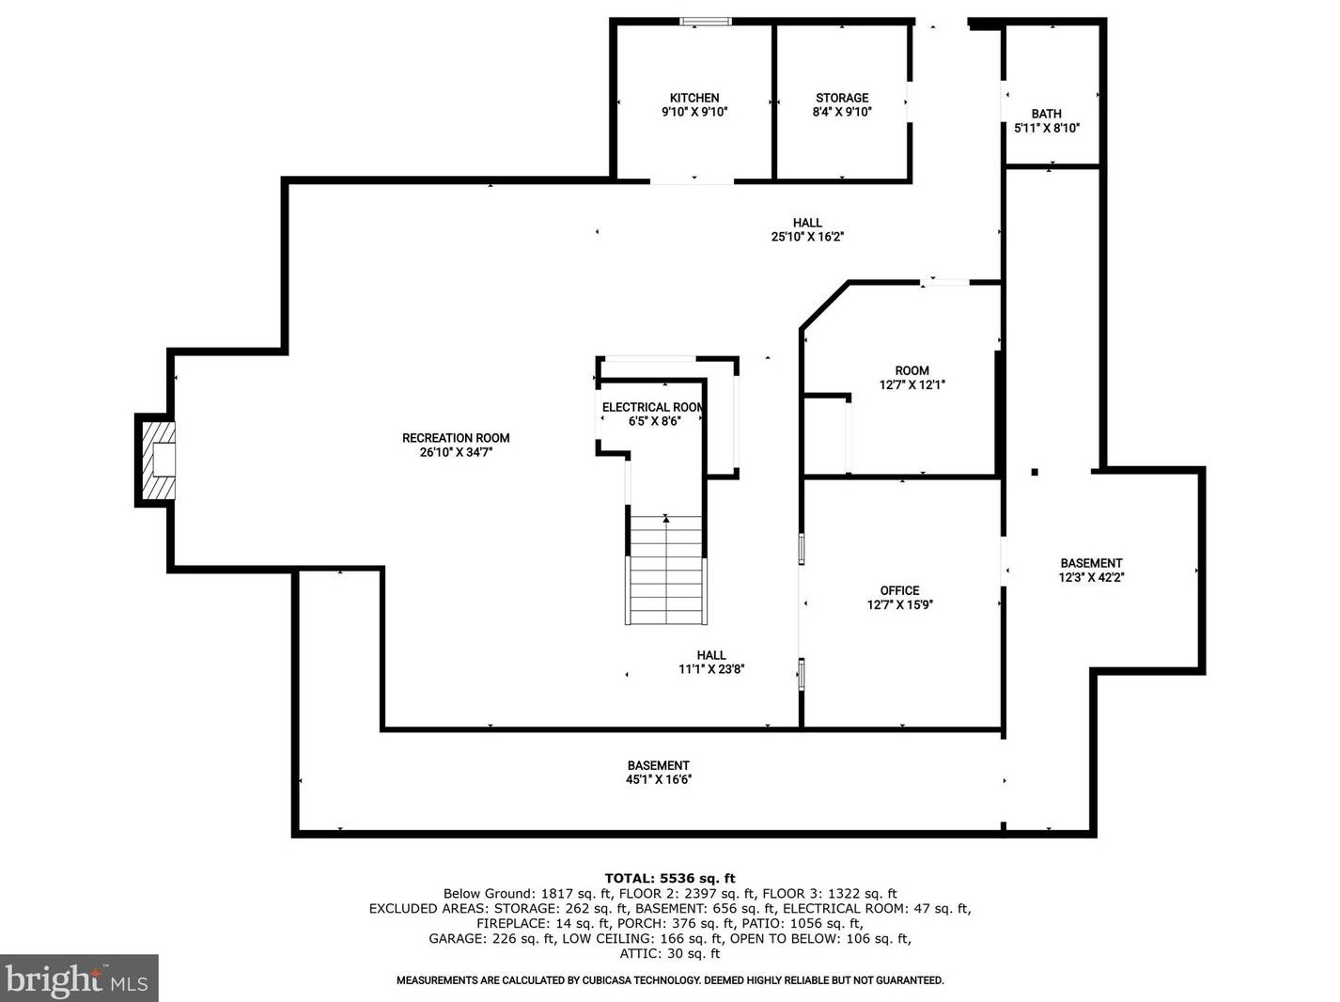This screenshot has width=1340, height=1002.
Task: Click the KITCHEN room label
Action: tap(694, 98)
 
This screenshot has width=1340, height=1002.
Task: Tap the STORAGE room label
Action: tap(842, 98)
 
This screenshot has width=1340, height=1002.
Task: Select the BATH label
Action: tap(1047, 114)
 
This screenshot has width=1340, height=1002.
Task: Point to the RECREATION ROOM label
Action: tap(456, 438)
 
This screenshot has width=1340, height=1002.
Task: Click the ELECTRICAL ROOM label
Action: tap(652, 407)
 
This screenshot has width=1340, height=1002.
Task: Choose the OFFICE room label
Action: tap(900, 590)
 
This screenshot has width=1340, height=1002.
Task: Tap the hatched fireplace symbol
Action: tap(159, 460)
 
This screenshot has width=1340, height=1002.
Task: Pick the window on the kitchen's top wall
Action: tap(706, 22)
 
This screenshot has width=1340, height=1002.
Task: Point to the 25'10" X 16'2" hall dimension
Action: tap(807, 237)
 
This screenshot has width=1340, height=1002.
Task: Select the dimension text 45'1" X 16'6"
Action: tap(658, 779)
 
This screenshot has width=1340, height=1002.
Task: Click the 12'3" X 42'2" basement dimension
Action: tap(1092, 577)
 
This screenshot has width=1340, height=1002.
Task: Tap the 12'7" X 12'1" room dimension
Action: tap(912, 384)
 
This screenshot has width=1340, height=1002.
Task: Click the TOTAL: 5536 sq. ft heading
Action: tap(670, 879)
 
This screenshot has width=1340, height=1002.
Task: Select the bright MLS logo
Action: tap(78, 978)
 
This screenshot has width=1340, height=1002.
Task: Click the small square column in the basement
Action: tap(1035, 472)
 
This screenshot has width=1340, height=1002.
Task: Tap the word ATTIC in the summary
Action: tap(637, 953)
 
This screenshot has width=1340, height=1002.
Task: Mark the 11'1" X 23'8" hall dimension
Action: tap(711, 669)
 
